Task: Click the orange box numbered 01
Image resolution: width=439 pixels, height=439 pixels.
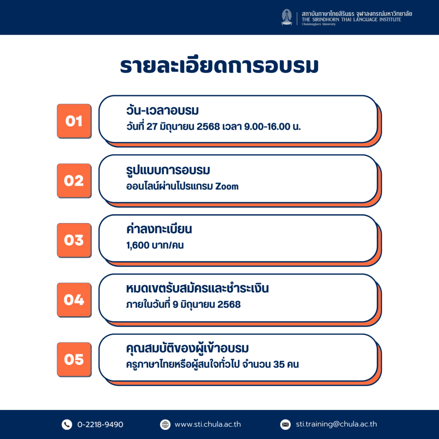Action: pyautogui.click(x=74, y=121)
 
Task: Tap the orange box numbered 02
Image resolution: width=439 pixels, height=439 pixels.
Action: pyautogui.click(x=74, y=180)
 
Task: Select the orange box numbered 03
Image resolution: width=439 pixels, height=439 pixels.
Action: pyautogui.click(x=74, y=240)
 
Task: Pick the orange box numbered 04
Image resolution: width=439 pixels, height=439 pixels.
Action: pyautogui.click(x=74, y=300)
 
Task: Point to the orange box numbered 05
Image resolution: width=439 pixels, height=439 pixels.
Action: pyautogui.click(x=74, y=360)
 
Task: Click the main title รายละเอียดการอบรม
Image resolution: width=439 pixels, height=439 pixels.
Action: pyautogui.click(x=219, y=66)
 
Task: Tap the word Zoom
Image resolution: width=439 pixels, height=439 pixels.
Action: pyautogui.click(x=227, y=186)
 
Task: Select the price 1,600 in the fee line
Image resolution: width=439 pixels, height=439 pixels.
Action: pyautogui.click(x=138, y=245)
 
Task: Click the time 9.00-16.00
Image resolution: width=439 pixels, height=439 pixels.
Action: pyautogui.click(x=267, y=126)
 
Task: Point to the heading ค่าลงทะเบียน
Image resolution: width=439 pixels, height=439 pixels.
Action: pyautogui.click(x=159, y=229)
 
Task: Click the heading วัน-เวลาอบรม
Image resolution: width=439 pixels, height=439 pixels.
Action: pyautogui.click(x=162, y=110)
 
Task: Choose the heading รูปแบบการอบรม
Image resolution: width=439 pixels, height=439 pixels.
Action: pyautogui.click(x=168, y=170)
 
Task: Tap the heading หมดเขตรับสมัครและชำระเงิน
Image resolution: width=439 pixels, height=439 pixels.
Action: pyautogui.click(x=197, y=289)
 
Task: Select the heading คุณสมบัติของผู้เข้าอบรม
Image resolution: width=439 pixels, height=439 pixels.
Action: pyautogui.click(x=187, y=348)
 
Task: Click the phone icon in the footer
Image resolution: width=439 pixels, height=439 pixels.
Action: pyautogui.click(x=67, y=424)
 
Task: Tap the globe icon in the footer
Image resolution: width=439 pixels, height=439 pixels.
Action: pyautogui.click(x=165, y=424)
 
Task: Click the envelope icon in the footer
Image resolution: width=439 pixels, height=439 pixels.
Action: pyautogui.click(x=285, y=424)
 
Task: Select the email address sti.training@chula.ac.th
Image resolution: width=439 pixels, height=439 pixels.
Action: pyautogui.click(x=336, y=424)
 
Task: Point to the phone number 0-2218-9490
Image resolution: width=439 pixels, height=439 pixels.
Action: pyautogui.click(x=100, y=424)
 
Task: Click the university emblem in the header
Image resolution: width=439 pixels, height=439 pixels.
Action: pyautogui.click(x=287, y=17)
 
